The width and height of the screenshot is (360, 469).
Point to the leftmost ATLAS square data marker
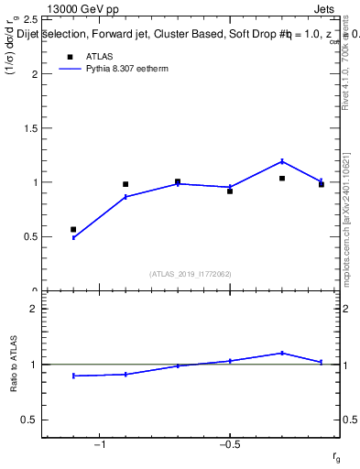(x=73, y=229)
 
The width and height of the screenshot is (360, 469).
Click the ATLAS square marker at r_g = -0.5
(x=230, y=191)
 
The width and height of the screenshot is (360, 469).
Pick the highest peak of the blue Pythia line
(x=282, y=161)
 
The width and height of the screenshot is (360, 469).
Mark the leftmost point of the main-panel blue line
(x=73, y=237)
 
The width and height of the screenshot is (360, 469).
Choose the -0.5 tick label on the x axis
(x=228, y=444)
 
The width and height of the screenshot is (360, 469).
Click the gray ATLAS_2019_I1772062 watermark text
(x=190, y=274)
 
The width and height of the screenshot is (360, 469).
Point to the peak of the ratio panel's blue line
(x=282, y=353)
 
